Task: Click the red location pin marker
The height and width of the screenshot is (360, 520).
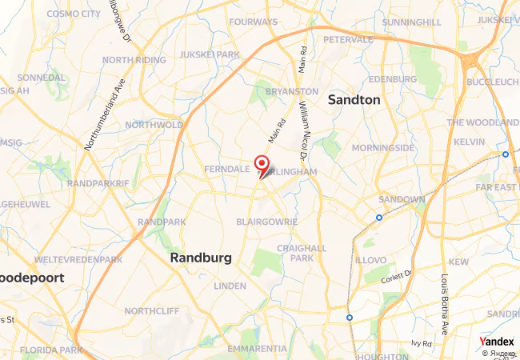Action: [x=262, y=165]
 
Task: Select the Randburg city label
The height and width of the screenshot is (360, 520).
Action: [x=201, y=258]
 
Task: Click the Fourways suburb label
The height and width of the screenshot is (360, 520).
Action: [x=254, y=22]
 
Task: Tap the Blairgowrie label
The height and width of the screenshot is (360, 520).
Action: [x=267, y=222]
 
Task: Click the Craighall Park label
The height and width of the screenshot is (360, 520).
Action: [x=301, y=253]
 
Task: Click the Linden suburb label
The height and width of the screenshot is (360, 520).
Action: [x=230, y=286]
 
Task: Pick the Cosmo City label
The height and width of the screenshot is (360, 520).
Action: [x=74, y=14]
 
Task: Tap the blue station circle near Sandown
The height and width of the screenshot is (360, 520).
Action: [x=379, y=217]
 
